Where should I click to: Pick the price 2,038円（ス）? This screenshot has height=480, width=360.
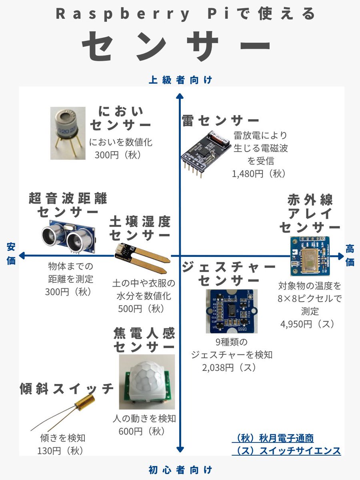230,367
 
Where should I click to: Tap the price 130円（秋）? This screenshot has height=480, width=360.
60,450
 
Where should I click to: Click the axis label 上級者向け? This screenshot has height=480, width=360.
180,80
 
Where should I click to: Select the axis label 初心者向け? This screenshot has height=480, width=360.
180,469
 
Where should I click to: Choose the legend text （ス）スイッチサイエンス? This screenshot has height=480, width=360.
286,451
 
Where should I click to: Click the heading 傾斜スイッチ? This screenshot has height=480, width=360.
66,388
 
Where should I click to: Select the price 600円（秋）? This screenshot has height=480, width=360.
142,431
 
